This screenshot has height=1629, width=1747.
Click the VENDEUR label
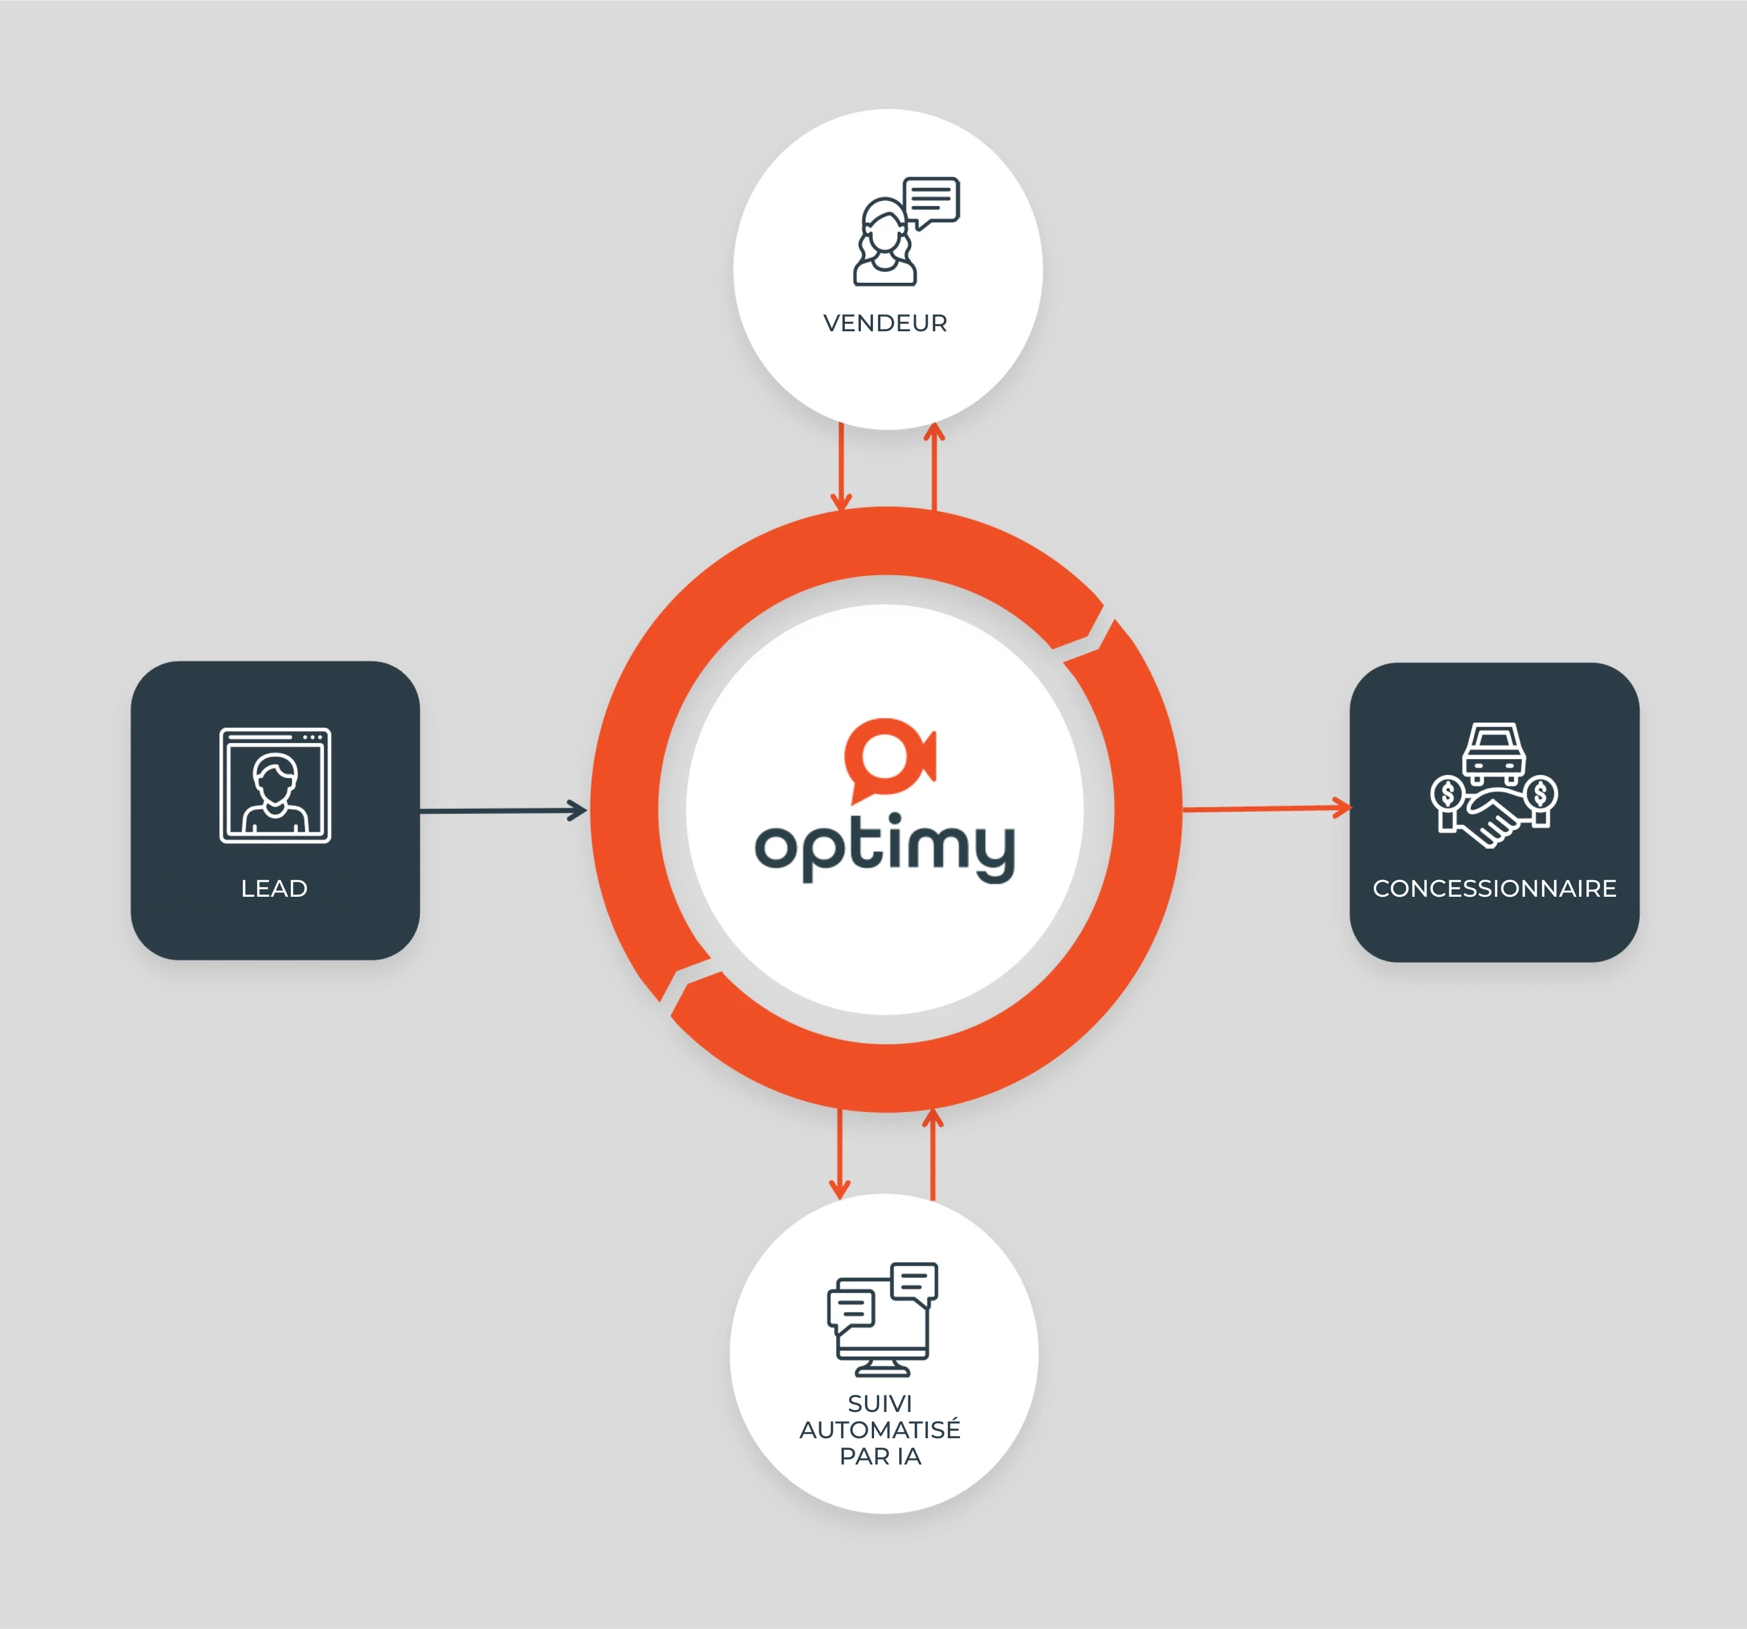coord(885,323)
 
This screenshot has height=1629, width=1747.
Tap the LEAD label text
coord(274,888)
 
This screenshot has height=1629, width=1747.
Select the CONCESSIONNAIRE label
coord(1494,888)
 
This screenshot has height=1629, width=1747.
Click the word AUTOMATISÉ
coord(880,1430)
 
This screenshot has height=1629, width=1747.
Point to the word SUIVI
coord(880,1403)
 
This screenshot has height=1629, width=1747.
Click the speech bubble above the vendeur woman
coord(932,200)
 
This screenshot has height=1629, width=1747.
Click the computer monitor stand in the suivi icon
coord(882,1367)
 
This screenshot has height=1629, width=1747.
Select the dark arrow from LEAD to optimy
coord(503,810)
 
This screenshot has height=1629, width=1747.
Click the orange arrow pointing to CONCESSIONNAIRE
coord(1265,808)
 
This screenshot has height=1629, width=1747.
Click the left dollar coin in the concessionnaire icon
coord(1447,795)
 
